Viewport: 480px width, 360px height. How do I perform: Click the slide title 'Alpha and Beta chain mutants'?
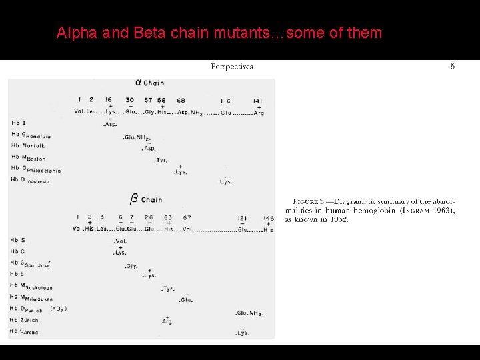219,33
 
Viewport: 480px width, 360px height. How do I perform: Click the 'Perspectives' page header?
232,67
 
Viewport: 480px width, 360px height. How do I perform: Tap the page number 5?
453,67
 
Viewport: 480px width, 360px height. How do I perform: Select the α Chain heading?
150,83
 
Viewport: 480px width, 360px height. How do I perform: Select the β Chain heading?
146,199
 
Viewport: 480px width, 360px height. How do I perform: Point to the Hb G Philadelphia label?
36,169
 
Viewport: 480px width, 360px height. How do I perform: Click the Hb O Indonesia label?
31,180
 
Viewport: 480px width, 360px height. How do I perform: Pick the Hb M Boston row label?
28,158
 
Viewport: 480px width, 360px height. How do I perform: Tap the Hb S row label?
18,240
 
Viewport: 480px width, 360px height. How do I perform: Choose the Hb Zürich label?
25,320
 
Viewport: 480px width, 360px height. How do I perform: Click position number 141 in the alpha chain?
258,101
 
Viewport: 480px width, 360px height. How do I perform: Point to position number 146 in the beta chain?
268,217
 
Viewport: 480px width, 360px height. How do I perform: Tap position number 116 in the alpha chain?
225,101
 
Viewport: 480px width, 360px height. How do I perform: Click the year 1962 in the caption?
337,219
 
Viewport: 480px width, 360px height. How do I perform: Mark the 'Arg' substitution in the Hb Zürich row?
167,322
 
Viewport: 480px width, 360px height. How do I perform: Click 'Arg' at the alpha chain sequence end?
259,113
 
